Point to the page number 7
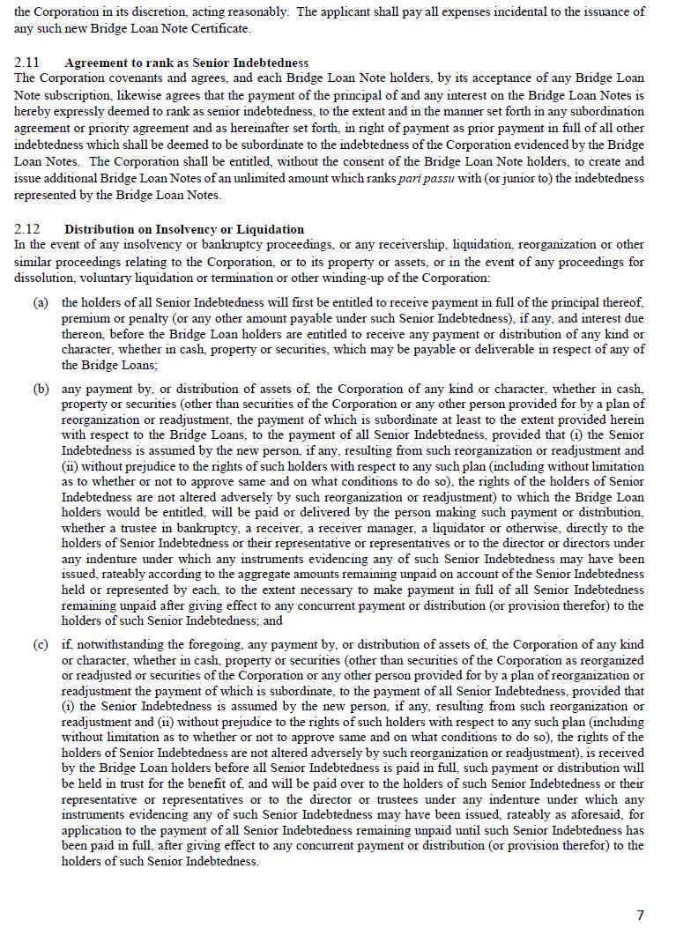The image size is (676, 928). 641,915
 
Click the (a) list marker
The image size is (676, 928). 41,302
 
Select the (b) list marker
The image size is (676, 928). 41,389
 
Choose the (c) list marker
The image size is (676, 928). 41,644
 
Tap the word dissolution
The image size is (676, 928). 44,278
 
